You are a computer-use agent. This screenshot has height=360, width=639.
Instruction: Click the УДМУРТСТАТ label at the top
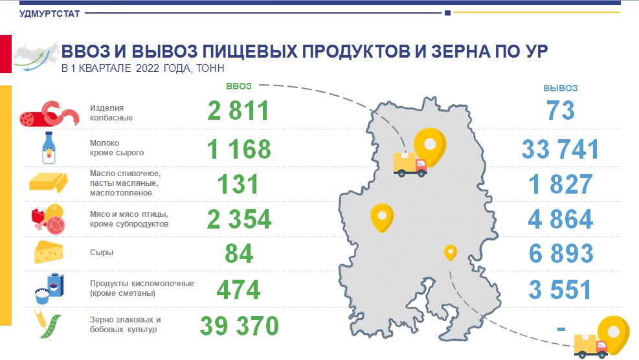[49, 14]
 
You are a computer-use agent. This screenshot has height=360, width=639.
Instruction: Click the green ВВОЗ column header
[239, 86]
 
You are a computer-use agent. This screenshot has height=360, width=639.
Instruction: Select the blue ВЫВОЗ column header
[561, 88]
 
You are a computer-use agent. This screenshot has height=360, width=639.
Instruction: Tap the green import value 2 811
[238, 111]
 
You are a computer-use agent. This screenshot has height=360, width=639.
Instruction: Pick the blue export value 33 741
[561, 149]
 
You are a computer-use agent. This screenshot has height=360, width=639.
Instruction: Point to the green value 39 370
[239, 326]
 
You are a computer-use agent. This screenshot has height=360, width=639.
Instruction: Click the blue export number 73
[561, 111]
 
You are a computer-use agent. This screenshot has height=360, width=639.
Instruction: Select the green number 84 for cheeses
[239, 253]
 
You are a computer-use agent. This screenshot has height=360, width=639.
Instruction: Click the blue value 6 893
[561, 253]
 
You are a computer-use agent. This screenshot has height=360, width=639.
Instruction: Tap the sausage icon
[49, 114]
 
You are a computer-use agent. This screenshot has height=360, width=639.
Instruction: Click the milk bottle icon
[49, 148]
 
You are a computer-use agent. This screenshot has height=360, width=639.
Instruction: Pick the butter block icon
[49, 182]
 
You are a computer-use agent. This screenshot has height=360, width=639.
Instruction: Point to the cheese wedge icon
[49, 252]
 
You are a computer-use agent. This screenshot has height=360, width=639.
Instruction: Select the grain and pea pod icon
[48, 324]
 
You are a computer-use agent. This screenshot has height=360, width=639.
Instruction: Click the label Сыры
[102, 253]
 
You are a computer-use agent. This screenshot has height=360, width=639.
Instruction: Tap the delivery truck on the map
[410, 164]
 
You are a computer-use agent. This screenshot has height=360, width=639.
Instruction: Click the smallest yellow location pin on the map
[451, 253]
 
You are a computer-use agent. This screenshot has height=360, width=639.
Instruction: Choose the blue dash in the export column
[561, 328]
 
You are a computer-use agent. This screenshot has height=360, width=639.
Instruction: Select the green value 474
[238, 290]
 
